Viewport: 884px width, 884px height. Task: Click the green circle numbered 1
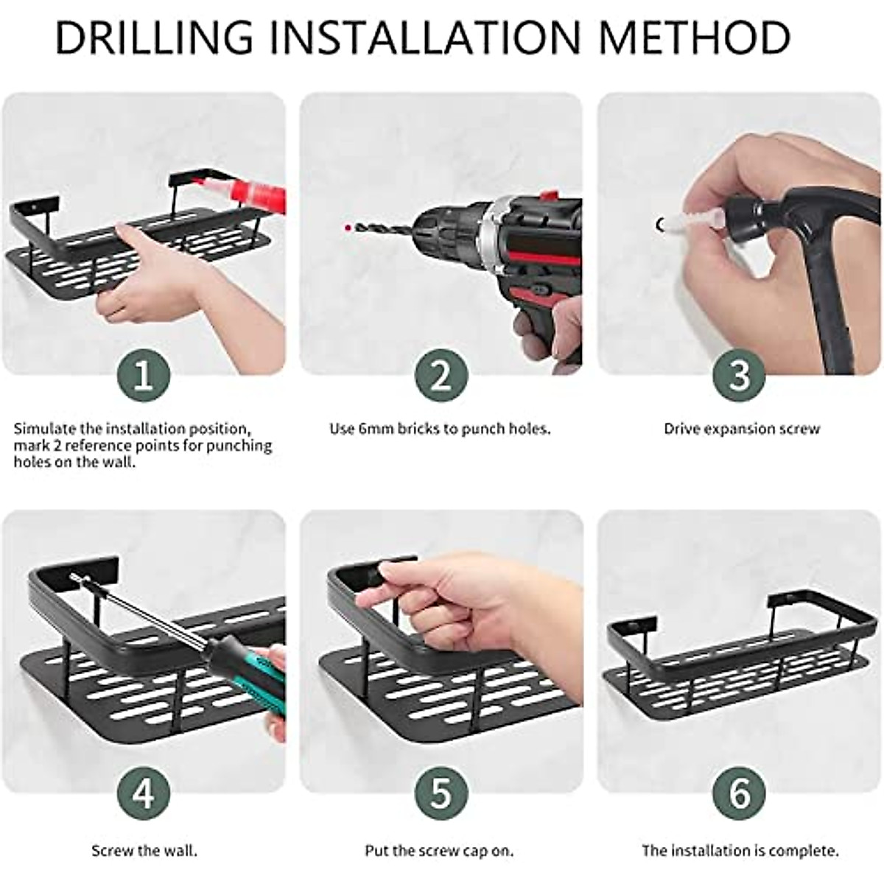coord(144,375)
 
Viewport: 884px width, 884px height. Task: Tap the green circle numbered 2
coord(441,375)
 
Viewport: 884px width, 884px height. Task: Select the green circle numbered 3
coord(739,375)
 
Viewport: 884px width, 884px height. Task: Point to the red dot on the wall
coord(346,226)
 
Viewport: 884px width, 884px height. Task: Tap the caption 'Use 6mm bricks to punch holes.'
coord(440,429)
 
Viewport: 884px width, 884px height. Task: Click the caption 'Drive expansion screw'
coord(741,429)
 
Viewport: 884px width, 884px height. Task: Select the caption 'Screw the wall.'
coord(144,851)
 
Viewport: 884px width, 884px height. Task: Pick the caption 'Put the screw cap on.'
coord(439,851)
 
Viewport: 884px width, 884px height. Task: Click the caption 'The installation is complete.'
coord(740,851)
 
